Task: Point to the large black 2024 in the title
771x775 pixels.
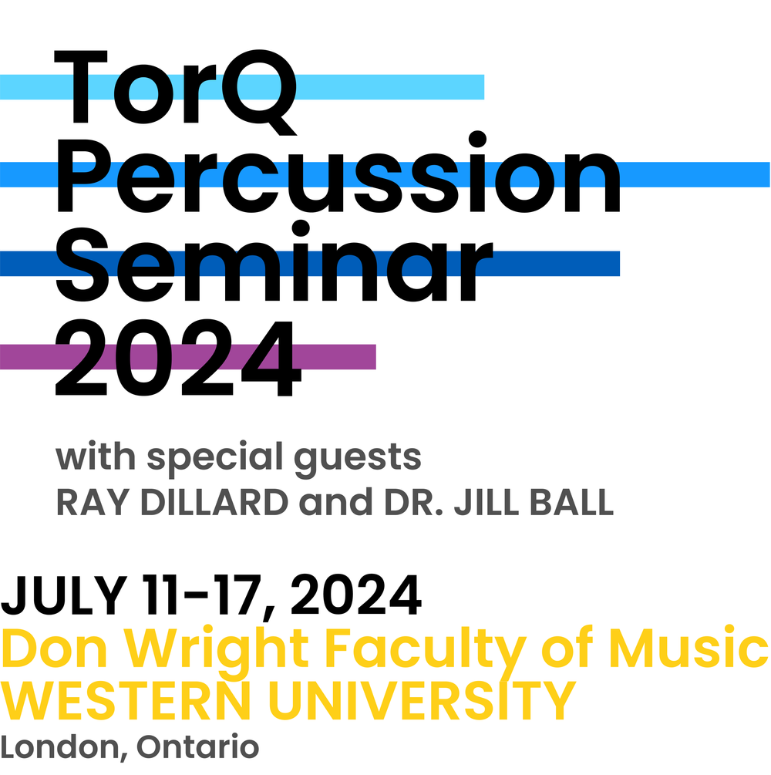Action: point(177,359)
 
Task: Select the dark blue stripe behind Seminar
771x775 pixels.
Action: point(555,263)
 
